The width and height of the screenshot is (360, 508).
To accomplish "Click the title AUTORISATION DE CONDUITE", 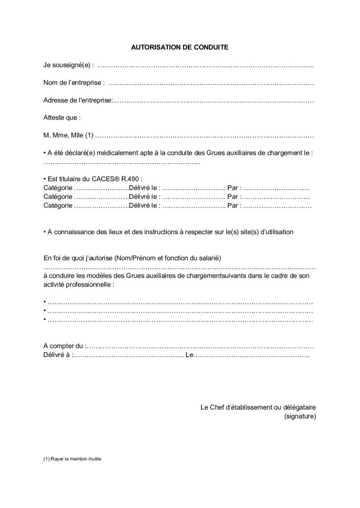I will click(x=179, y=48).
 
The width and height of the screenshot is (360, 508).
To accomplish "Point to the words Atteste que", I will click(x=62, y=118).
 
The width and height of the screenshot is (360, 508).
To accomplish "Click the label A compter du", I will click(x=64, y=346).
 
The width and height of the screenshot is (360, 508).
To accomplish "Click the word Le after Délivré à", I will click(x=189, y=355).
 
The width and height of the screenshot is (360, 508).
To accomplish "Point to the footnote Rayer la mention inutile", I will click(x=75, y=459).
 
